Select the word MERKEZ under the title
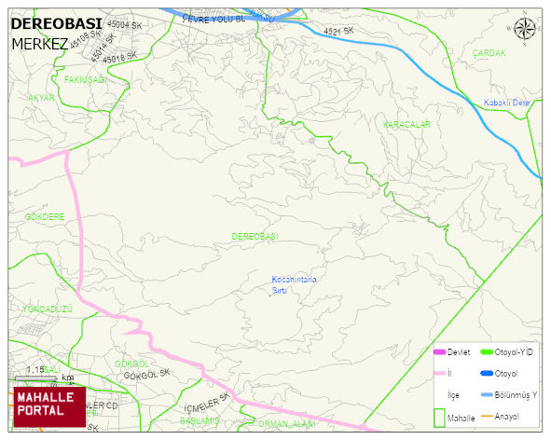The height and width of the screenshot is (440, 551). click(x=39, y=44)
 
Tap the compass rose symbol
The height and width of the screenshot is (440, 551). click(x=525, y=29)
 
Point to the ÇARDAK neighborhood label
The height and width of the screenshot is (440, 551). click(x=489, y=53)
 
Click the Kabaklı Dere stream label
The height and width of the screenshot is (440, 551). click(x=506, y=103)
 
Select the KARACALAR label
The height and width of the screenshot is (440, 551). click(x=406, y=124)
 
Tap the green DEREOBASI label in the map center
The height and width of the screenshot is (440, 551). click(x=255, y=237)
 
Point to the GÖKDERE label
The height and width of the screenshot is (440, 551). click(x=44, y=216)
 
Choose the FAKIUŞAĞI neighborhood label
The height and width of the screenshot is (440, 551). click(x=86, y=79)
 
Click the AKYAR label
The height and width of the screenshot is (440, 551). click(x=41, y=98)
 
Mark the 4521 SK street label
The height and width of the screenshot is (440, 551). click(x=339, y=32)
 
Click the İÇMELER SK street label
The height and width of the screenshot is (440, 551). click(x=207, y=406)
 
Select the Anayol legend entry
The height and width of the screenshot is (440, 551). click(x=507, y=416)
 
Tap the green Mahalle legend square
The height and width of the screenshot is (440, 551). click(x=439, y=417)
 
